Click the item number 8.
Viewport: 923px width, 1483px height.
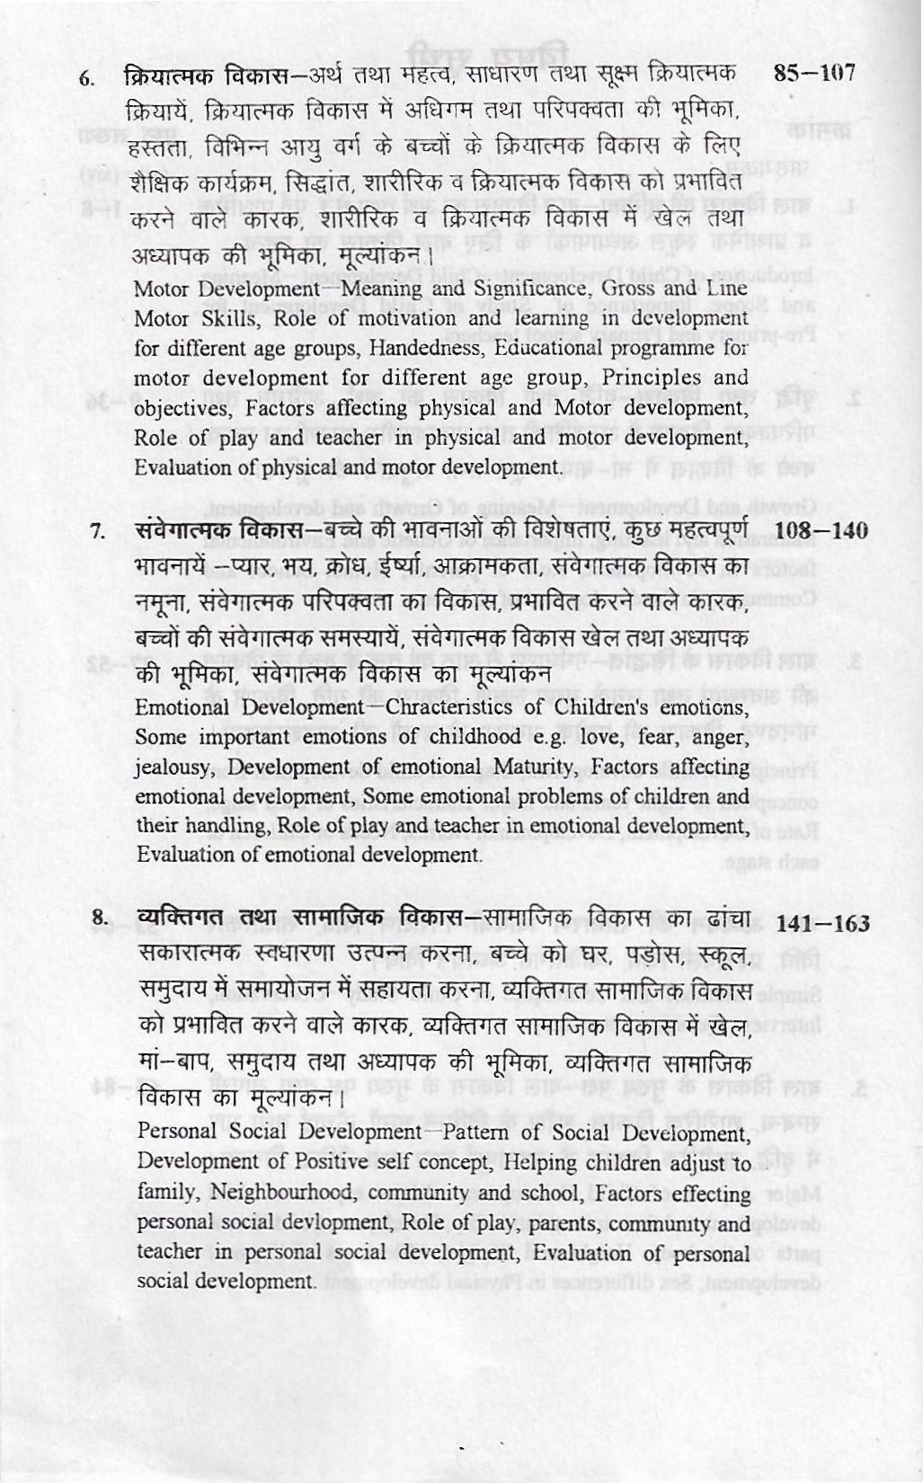click(x=99, y=919)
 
